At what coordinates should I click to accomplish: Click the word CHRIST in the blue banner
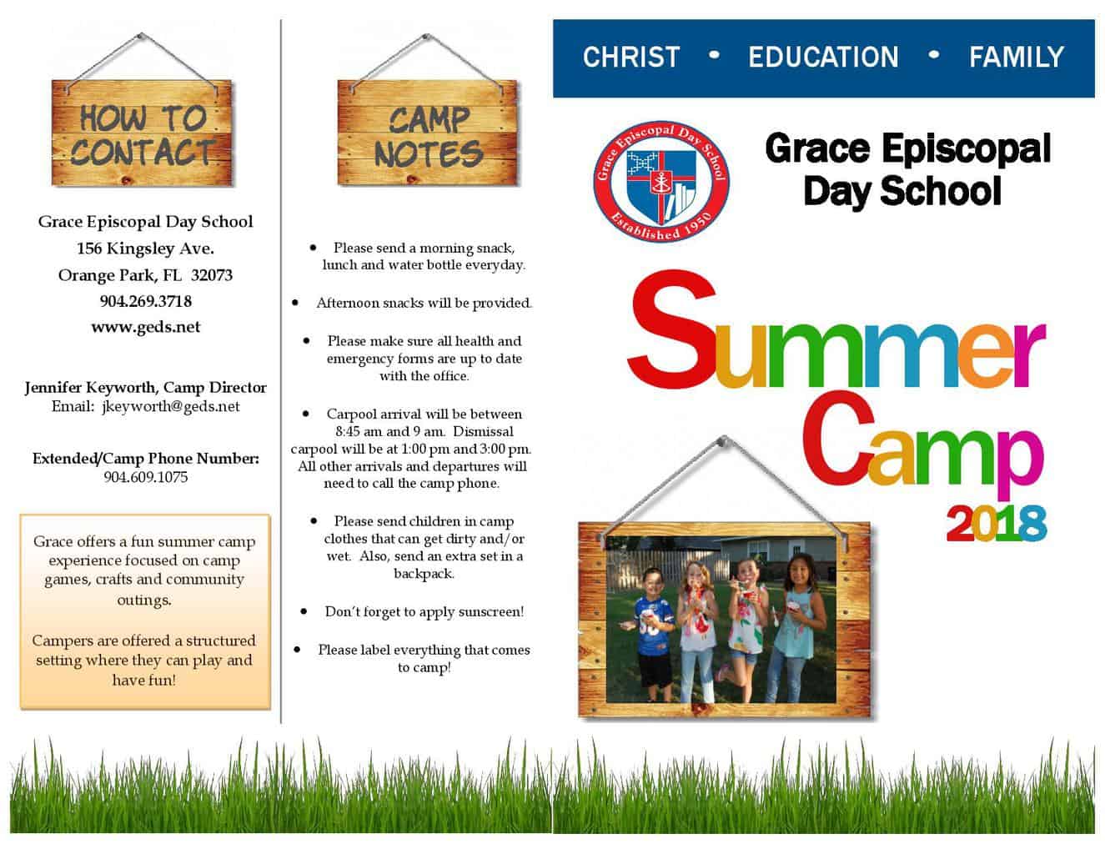tap(630, 57)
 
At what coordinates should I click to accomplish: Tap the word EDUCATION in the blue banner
tap(823, 57)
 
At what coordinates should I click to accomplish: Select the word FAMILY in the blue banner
tap(1016, 57)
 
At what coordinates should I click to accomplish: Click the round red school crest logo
tap(660, 182)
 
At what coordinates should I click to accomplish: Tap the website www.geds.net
tap(146, 327)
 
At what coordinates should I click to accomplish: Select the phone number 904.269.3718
tap(146, 301)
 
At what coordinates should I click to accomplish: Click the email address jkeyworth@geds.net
tap(171, 407)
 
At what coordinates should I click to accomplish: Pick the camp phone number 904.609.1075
tap(146, 477)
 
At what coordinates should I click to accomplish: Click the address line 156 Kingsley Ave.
tap(145, 249)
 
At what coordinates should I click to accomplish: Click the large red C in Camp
tap(839, 439)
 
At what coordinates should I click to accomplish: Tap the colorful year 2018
tap(996, 523)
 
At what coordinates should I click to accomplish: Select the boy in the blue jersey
tap(655, 635)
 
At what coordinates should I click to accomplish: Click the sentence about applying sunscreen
tap(424, 611)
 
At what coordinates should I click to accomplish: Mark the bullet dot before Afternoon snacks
tap(295, 303)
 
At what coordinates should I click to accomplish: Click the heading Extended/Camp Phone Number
tap(146, 459)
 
